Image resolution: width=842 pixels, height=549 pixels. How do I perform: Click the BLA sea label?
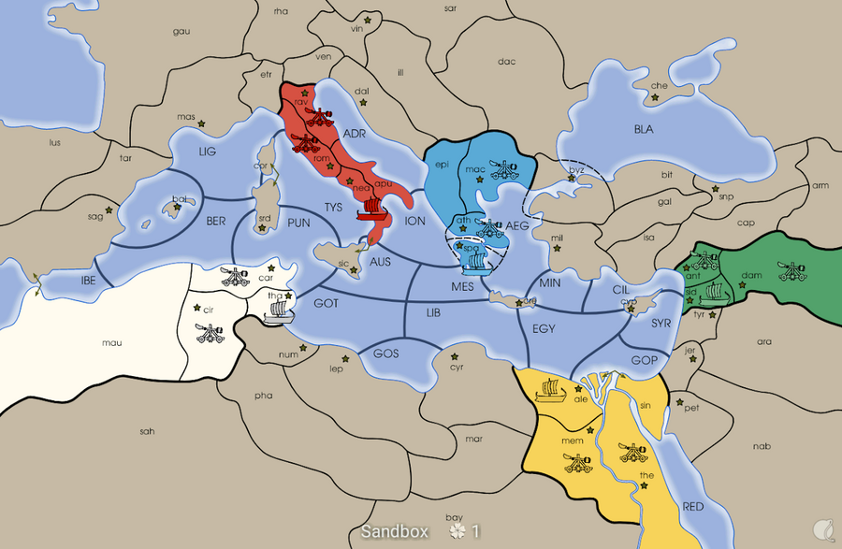tap(644, 129)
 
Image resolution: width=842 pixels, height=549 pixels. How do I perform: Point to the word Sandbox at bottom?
tap(394, 531)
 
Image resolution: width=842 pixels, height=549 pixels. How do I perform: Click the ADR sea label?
tap(354, 134)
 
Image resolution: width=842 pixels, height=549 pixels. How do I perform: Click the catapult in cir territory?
tap(208, 332)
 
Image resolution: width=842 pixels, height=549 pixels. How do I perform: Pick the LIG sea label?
tap(208, 152)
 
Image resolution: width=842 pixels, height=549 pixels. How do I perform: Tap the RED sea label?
tap(693, 506)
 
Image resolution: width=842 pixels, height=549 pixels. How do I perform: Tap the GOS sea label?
tap(385, 354)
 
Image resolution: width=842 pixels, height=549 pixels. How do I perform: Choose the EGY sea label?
tap(544, 329)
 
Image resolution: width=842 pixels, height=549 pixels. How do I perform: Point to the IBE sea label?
tap(89, 280)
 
